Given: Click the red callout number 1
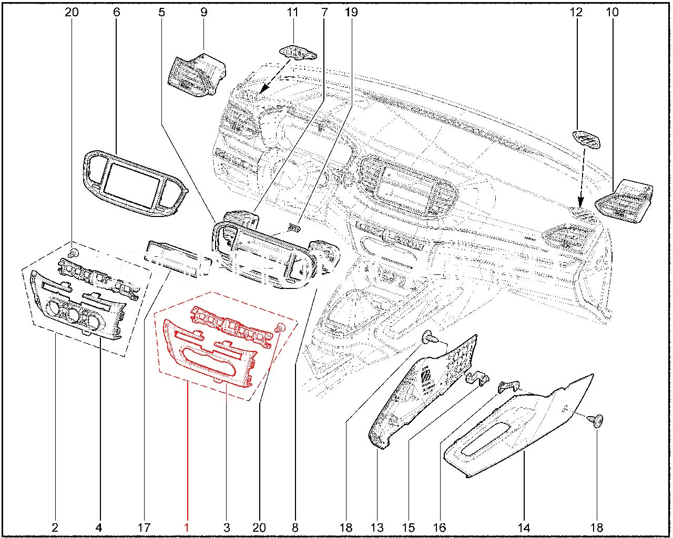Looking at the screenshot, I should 187,527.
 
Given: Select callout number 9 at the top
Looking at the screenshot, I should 203,12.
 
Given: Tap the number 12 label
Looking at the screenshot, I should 577,12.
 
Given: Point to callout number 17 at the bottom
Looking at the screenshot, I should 144,527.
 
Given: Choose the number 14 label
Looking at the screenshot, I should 524,527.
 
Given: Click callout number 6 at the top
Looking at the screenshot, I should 116,12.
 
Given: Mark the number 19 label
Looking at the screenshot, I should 351,12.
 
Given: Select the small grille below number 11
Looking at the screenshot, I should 298,53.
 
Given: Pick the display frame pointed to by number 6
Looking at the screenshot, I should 134,184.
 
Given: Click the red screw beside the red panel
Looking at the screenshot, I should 280,328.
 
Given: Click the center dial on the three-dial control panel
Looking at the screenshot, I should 72,314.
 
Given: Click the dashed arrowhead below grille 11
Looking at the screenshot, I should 262,92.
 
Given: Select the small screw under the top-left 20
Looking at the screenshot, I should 74,253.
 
